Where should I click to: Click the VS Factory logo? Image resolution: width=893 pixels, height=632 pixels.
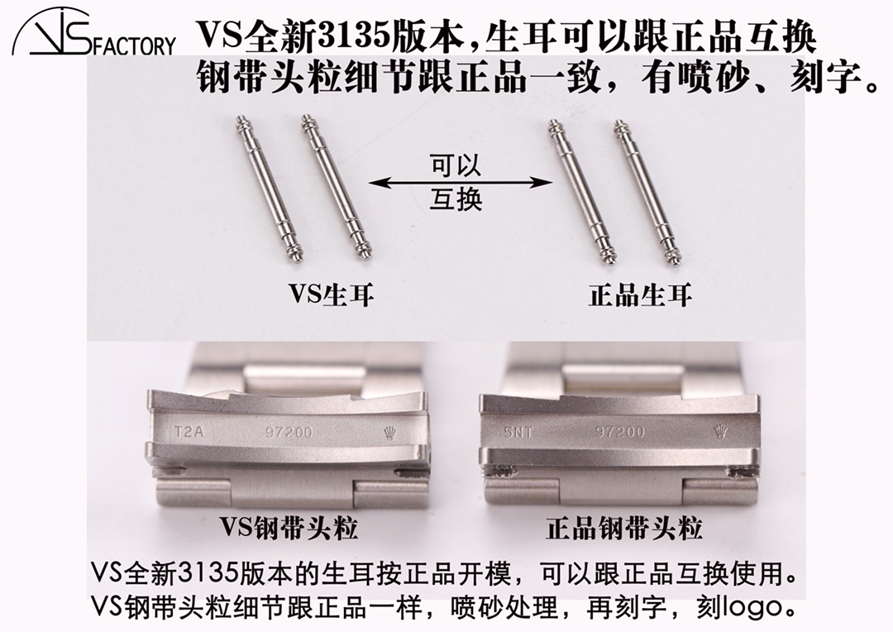[93, 34]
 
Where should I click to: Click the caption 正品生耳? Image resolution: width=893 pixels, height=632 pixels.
[640, 295]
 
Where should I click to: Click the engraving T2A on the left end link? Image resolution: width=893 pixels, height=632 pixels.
[189, 431]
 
